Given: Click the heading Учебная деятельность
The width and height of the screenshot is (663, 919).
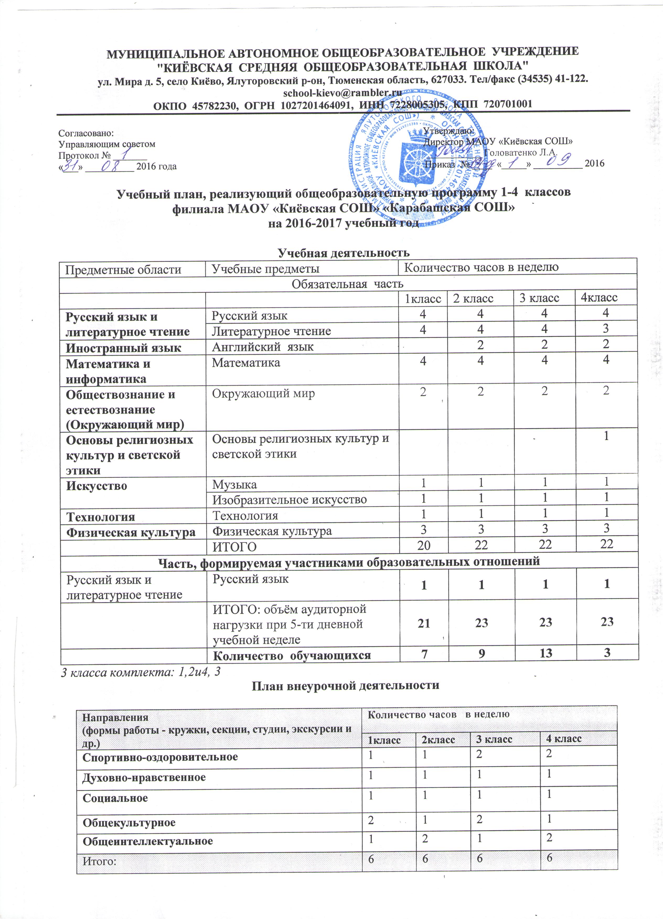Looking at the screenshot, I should click(x=343, y=252).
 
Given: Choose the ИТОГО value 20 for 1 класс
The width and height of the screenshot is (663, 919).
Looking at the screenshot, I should click(x=424, y=545).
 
